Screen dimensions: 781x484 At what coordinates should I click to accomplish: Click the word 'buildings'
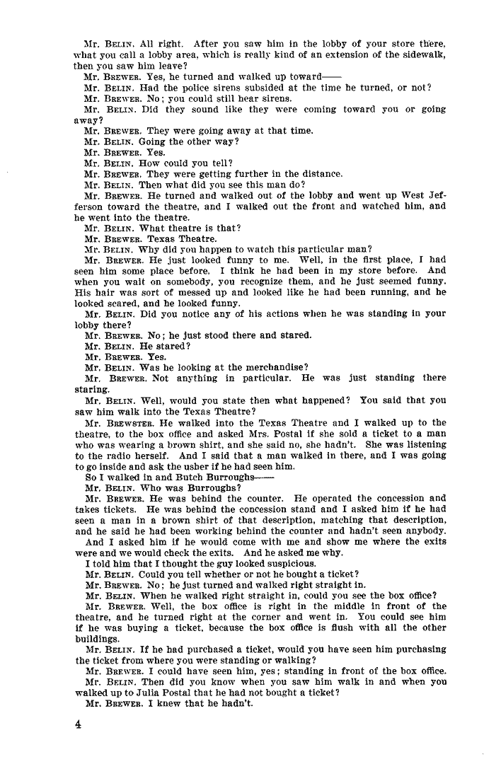[x=96, y=637]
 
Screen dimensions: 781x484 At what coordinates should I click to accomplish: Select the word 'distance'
[x=321, y=174]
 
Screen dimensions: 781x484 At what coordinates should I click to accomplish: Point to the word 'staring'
[x=91, y=388]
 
